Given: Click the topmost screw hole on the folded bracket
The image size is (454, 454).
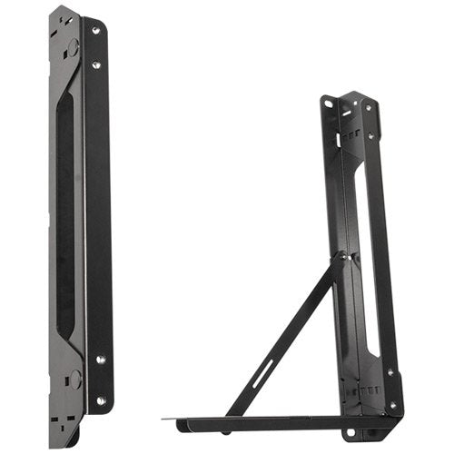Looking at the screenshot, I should click(x=94, y=31).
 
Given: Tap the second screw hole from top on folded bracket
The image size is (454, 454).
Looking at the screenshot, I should click(x=96, y=65).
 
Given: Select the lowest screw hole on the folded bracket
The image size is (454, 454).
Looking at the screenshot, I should click(x=100, y=400).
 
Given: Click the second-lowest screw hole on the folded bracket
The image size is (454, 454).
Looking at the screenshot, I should click(x=100, y=360).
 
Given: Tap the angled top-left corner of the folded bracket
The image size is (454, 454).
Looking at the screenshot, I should click(x=56, y=15).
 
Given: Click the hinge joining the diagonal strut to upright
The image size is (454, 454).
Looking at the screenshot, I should click(x=340, y=262).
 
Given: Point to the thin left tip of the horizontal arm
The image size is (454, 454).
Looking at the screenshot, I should click(x=169, y=420).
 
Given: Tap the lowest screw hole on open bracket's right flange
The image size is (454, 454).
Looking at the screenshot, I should click(x=393, y=405).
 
